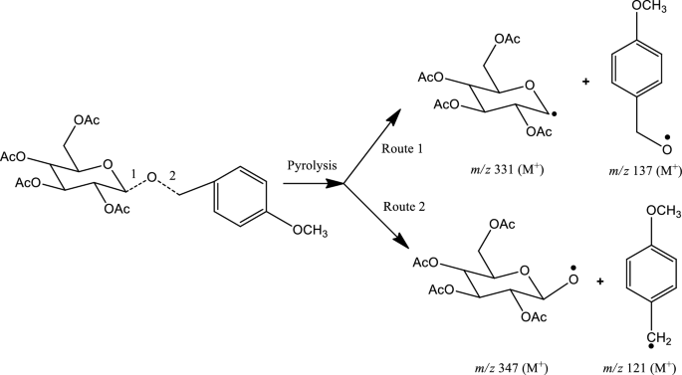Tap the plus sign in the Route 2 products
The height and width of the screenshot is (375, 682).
tap(599, 281)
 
